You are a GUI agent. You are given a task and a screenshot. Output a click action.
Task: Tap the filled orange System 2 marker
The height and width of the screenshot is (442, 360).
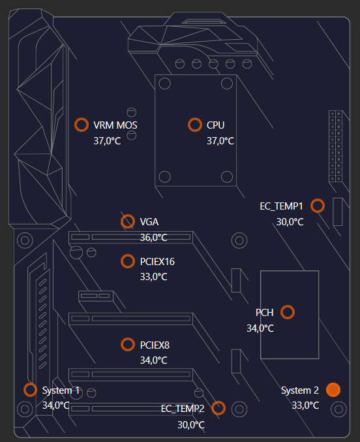(333, 390)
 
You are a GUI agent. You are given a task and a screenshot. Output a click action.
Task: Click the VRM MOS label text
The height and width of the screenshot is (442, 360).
(115, 125)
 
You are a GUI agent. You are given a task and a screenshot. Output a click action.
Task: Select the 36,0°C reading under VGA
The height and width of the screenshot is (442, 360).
(153, 238)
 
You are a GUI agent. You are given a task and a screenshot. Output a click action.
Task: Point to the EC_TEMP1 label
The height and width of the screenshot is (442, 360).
(281, 206)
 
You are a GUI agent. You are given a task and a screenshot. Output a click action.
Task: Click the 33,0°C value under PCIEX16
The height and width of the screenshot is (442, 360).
(153, 277)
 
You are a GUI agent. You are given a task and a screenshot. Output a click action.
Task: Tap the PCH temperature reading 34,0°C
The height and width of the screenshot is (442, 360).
(260, 328)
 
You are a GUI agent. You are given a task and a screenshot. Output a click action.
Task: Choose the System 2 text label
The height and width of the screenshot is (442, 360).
(300, 390)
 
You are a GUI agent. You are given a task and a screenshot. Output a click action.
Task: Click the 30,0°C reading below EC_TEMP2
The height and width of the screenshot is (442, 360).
(190, 425)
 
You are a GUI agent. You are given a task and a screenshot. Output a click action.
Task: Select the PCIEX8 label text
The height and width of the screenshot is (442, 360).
(155, 345)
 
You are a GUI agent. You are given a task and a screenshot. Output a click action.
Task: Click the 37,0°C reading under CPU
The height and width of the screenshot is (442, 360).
(220, 141)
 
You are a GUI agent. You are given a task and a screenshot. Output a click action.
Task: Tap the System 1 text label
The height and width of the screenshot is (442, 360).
(61, 390)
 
